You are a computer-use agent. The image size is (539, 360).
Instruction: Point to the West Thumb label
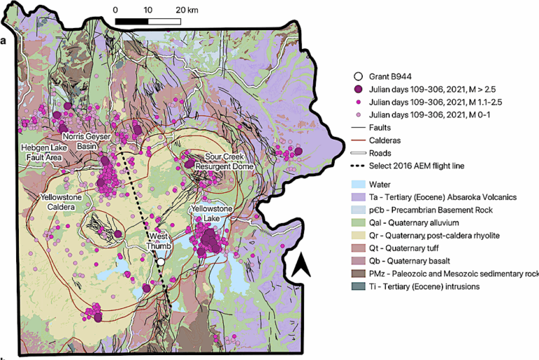coord(157,241)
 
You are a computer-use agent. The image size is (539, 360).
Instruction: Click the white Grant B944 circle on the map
coord(161,262)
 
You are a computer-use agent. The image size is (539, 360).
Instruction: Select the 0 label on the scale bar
coord(116,11)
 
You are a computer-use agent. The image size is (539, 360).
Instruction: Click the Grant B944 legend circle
coord(359,76)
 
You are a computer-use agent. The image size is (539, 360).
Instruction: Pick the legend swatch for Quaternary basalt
coord(359,260)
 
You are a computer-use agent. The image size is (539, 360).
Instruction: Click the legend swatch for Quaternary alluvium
coord(359,222)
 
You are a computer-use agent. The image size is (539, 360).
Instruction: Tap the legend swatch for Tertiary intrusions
coord(359,286)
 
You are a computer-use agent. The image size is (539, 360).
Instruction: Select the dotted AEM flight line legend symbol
coord(359,165)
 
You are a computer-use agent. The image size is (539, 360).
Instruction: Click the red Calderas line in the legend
coord(359,140)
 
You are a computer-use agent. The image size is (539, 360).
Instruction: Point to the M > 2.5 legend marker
coord(359,89)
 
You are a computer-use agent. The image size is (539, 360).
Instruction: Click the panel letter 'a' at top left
coord(4,40)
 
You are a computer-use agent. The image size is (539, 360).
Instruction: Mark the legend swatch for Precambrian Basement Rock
coord(359,210)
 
